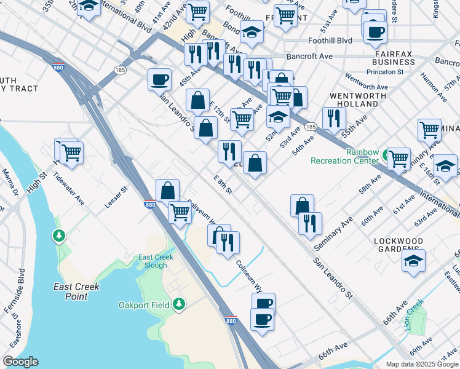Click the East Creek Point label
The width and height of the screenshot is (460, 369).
[x=77, y=292]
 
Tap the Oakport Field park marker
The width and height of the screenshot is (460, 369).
[x=179, y=304]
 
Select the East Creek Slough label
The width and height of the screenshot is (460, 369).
[x=153, y=261]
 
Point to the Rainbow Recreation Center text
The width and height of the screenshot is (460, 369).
[x=345, y=156]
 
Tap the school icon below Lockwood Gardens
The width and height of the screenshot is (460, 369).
[x=414, y=261]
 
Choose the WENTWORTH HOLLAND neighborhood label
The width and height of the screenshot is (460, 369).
[x=358, y=100]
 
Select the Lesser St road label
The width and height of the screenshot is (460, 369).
[x=116, y=197]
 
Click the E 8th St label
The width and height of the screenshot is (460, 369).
[x=222, y=184]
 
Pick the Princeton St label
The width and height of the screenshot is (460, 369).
[x=384, y=72]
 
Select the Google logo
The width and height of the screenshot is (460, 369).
[x=21, y=362]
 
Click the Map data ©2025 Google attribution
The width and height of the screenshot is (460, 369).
[x=421, y=363]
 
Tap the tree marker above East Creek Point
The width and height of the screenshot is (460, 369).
[x=59, y=236]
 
